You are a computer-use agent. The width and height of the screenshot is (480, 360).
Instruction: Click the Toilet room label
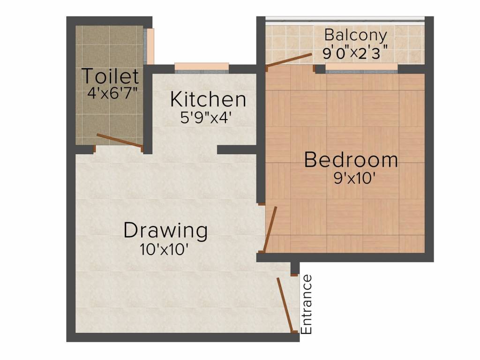(x=111, y=76)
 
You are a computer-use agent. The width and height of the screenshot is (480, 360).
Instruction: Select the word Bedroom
(x=351, y=160)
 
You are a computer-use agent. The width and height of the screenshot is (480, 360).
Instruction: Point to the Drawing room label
(x=165, y=231)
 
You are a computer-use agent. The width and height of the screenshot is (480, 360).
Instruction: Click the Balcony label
(x=356, y=35)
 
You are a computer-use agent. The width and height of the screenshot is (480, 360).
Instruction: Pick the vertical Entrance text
(x=307, y=304)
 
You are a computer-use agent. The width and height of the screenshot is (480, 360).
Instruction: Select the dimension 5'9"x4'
(x=206, y=117)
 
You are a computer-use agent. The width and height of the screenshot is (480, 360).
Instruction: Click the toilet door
(x=120, y=142)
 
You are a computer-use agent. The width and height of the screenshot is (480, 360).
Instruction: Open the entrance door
(x=286, y=305)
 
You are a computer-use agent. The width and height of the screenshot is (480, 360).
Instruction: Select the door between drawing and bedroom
(x=270, y=230)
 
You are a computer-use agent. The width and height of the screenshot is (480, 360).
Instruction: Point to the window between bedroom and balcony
(x=361, y=68)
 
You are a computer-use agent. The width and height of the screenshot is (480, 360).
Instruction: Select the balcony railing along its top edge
(x=345, y=19)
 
